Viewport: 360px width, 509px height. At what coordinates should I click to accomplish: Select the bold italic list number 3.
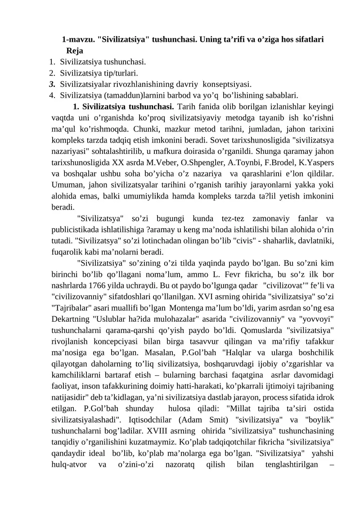[52, 84]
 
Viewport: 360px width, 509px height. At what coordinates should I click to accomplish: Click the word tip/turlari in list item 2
[121, 72]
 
